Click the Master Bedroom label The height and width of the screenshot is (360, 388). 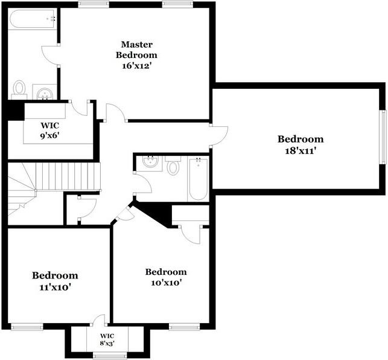136,50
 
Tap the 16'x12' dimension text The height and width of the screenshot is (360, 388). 136,66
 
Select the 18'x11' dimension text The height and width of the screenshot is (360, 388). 301,151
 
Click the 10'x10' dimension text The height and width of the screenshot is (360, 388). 167,283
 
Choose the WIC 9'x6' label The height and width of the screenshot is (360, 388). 49,130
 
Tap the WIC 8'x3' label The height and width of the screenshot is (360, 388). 107,339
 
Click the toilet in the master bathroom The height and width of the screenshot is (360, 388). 19,88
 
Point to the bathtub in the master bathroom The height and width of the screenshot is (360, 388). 33,19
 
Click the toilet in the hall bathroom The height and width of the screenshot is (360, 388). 173,167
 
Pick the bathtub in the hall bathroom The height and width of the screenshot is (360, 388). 199,179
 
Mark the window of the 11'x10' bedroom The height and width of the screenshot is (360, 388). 27,327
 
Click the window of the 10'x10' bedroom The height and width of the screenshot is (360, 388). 185,327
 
